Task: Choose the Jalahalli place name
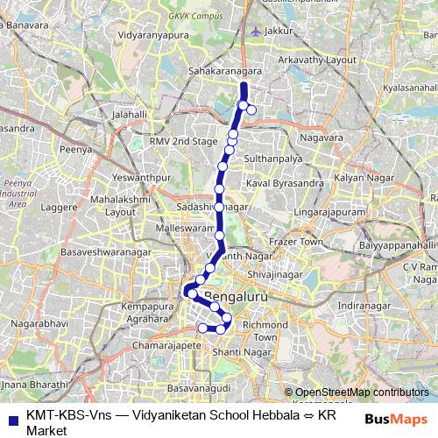coord(129,114)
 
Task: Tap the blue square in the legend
coord(12,418)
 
